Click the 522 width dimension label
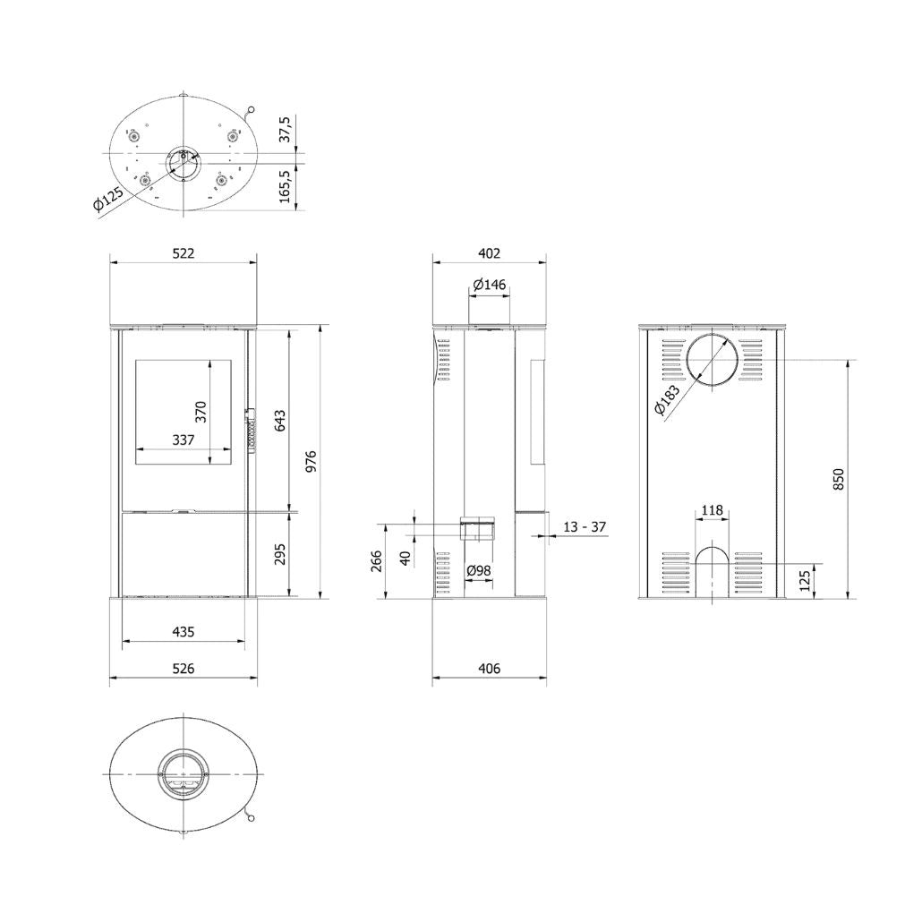point(183,253)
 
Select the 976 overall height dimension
point(312,462)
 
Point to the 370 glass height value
point(201,411)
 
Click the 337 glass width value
point(183,440)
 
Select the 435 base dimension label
point(183,631)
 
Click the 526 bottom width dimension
point(183,668)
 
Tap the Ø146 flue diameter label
point(489,285)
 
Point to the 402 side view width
point(489,253)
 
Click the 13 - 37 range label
point(585,527)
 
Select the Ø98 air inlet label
point(479,571)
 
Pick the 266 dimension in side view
point(377,561)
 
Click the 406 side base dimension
point(489,668)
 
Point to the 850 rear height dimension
point(838,480)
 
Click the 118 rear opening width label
point(712,510)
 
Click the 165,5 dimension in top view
point(286,186)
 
